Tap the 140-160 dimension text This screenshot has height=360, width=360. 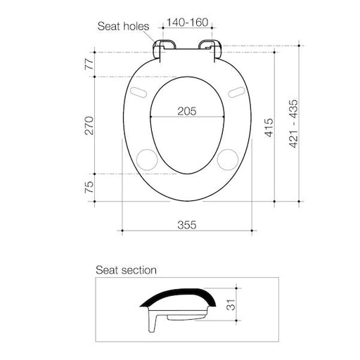pos(186,23)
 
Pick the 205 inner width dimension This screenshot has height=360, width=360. pos(187,111)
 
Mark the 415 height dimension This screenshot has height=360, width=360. pos(269,127)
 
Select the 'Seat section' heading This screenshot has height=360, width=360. pos(126,269)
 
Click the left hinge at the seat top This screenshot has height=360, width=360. pos(163,48)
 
